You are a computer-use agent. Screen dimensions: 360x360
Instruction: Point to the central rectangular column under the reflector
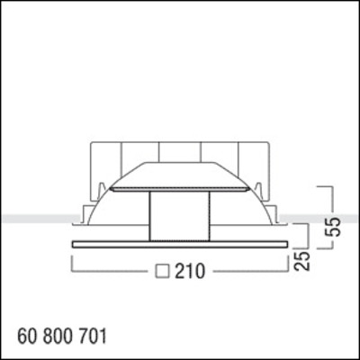[x=180, y=216]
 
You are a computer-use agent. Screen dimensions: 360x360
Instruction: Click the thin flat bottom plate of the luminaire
[x=180, y=244]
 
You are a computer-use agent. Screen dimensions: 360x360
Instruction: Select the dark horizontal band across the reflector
[x=180, y=189]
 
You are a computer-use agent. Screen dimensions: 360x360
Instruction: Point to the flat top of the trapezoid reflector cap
[x=180, y=166]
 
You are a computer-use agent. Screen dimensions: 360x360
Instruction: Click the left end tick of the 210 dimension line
[x=70, y=263]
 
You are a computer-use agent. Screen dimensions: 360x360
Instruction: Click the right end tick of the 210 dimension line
[x=291, y=263]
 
